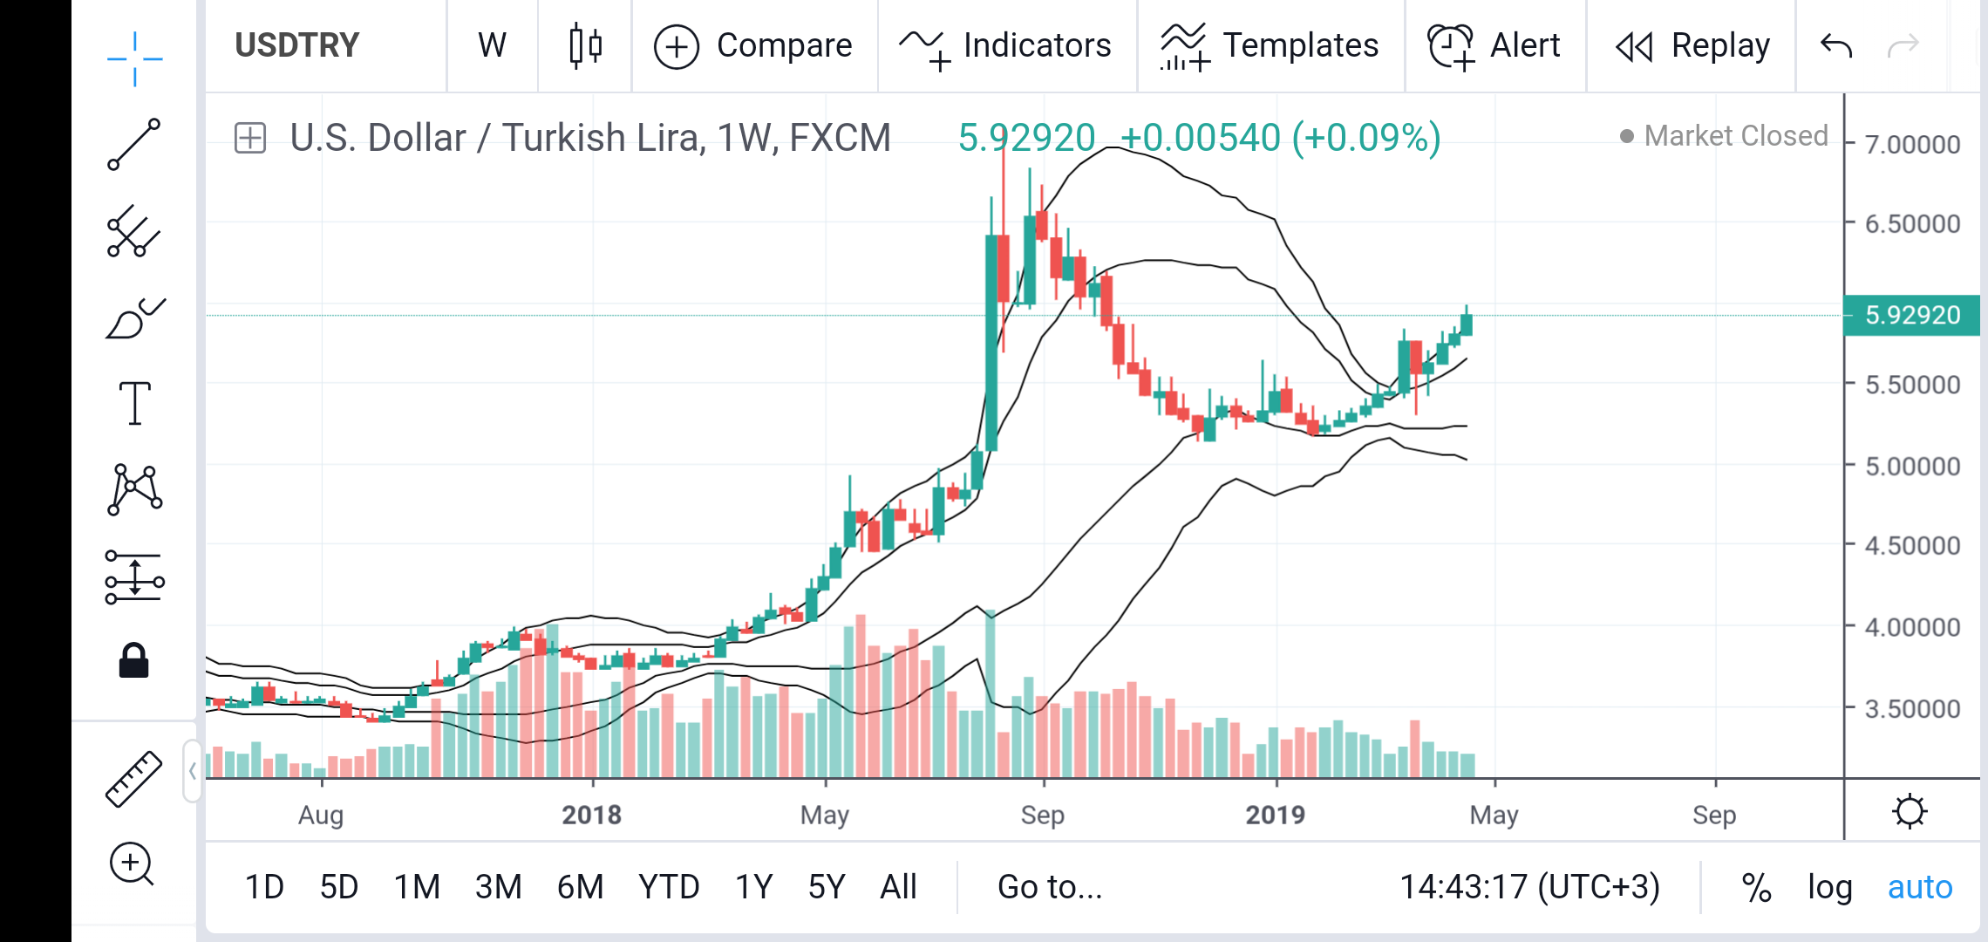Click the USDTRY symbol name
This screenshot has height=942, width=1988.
pyautogui.click(x=296, y=45)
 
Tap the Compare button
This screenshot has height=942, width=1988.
pyautogui.click(x=753, y=45)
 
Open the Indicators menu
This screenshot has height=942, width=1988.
pyautogui.click(x=1006, y=45)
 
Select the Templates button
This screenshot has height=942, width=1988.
pyautogui.click(x=1270, y=45)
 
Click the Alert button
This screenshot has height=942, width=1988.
pyautogui.click(x=1494, y=45)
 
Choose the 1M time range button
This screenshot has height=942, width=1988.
pyautogui.click(x=417, y=887)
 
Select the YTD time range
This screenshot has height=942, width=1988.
pyautogui.click(x=669, y=887)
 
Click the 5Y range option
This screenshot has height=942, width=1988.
pyautogui.click(x=826, y=887)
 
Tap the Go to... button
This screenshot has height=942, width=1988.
pyautogui.click(x=1050, y=887)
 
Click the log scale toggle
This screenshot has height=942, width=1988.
pyautogui.click(x=1829, y=887)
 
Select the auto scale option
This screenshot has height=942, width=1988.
pyautogui.click(x=1920, y=887)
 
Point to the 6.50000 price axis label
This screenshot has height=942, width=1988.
pyautogui.click(x=1912, y=224)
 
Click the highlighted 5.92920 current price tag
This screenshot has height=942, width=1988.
pyautogui.click(x=1912, y=315)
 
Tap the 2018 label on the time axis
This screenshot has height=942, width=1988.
pyautogui.click(x=591, y=815)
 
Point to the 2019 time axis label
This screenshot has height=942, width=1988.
pyautogui.click(x=1275, y=815)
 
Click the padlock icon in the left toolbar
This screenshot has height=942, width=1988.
pyautogui.click(x=134, y=661)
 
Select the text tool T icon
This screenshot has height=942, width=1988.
pyautogui.click(x=134, y=403)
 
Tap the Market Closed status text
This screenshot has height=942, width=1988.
pyautogui.click(x=1735, y=136)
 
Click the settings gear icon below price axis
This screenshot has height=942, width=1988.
pyautogui.click(x=1910, y=811)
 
